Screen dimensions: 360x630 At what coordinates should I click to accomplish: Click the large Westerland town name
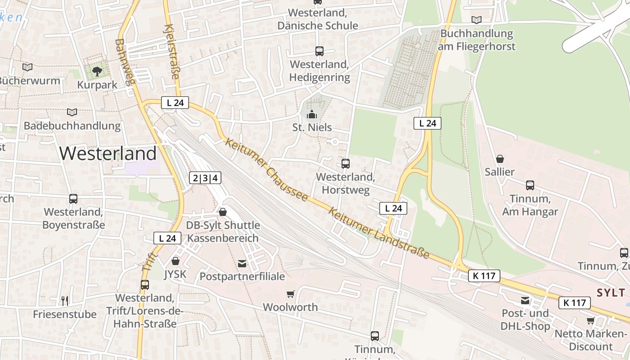pos(108,153)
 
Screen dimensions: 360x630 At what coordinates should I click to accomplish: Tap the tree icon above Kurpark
pos(97,71)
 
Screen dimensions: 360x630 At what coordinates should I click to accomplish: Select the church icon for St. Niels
pos(312,114)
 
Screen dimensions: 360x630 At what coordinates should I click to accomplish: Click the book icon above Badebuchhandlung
pos(72,112)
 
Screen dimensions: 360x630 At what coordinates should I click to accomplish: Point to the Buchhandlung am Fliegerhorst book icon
pos(476,20)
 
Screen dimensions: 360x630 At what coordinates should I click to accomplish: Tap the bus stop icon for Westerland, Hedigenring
pos(319,51)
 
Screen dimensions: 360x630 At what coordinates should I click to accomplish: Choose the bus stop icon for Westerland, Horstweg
pos(345,163)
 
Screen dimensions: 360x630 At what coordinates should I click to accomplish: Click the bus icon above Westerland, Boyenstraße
pos(73,198)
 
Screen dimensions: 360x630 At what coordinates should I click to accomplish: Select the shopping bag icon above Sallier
pos(499,159)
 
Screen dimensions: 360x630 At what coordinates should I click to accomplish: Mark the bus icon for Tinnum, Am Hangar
pos(530,185)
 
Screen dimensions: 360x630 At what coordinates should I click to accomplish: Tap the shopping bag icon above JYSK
pos(175,261)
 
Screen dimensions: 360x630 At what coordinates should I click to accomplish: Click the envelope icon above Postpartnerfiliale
pos(242,263)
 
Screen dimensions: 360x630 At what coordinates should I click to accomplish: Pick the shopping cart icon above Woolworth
pos(290,294)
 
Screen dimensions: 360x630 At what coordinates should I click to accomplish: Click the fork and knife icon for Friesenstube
pos(65,301)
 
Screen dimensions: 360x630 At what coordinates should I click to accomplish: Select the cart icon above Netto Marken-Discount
pos(590,320)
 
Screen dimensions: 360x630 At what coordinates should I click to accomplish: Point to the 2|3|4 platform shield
pos(205,178)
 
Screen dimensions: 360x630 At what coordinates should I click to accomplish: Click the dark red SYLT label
pos(611,293)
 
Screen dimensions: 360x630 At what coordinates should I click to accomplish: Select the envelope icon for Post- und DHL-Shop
pos(525,300)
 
